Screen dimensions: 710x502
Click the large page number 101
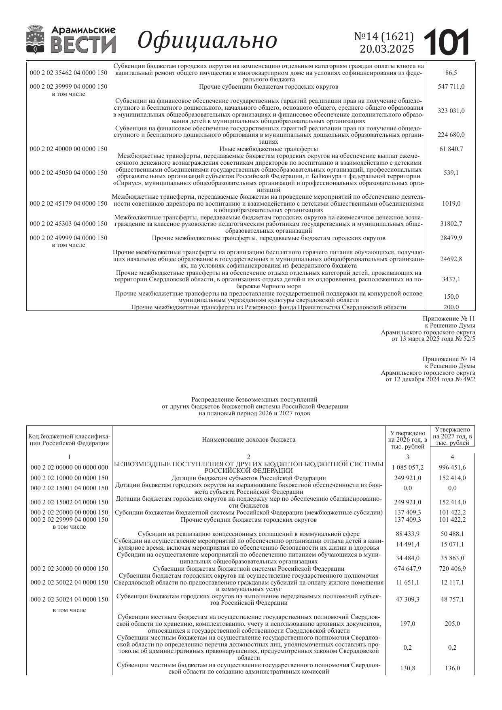click(447, 42)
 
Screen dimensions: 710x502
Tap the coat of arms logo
click(35, 39)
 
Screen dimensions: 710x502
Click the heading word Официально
click(208, 40)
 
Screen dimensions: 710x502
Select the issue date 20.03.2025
click(387, 49)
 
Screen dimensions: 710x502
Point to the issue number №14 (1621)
click(384, 36)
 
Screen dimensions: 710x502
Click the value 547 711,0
click(451, 87)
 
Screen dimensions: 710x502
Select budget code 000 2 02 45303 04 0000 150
click(69, 224)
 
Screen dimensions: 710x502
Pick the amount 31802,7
click(451, 224)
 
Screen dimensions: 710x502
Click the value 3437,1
click(451, 279)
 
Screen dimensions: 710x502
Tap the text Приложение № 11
click(449, 319)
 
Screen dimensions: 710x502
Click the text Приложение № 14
click(449, 359)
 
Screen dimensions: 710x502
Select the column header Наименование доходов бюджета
click(248, 440)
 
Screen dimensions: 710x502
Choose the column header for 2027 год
click(452, 436)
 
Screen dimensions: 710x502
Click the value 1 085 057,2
click(407, 468)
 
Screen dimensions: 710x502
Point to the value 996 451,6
click(452, 468)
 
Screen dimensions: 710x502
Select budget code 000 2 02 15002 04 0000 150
click(70, 502)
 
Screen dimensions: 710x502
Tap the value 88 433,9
click(407, 534)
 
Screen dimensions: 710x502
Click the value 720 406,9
click(452, 569)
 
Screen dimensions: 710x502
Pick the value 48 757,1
click(452, 599)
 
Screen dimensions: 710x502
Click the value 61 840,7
click(451, 149)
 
